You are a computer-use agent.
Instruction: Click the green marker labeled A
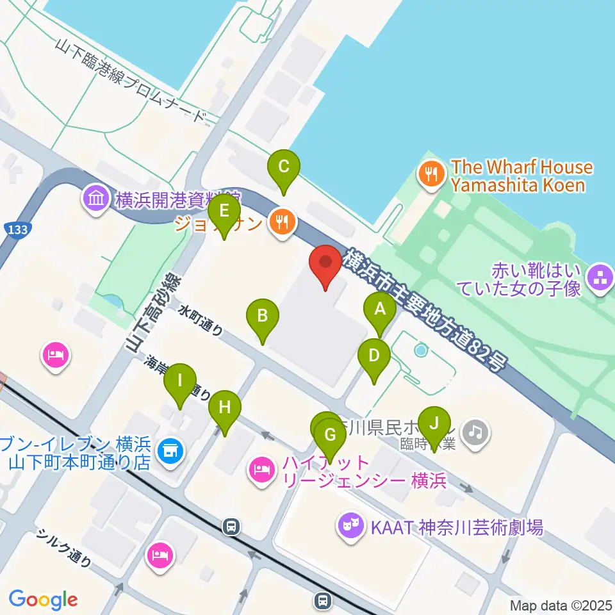pyautogui.click(x=380, y=311)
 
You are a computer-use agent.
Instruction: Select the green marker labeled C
pyautogui.click(x=284, y=167)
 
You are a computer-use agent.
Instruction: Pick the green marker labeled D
pyautogui.click(x=374, y=356)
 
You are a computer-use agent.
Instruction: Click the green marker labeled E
pyautogui.click(x=224, y=212)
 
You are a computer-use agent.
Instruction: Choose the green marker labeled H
pyautogui.click(x=224, y=408)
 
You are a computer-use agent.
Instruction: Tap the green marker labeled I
pyautogui.click(x=180, y=382)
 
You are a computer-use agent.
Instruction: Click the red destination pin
pyautogui.click(x=325, y=263)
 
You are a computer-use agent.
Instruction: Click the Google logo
pyautogui.click(x=44, y=600)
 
